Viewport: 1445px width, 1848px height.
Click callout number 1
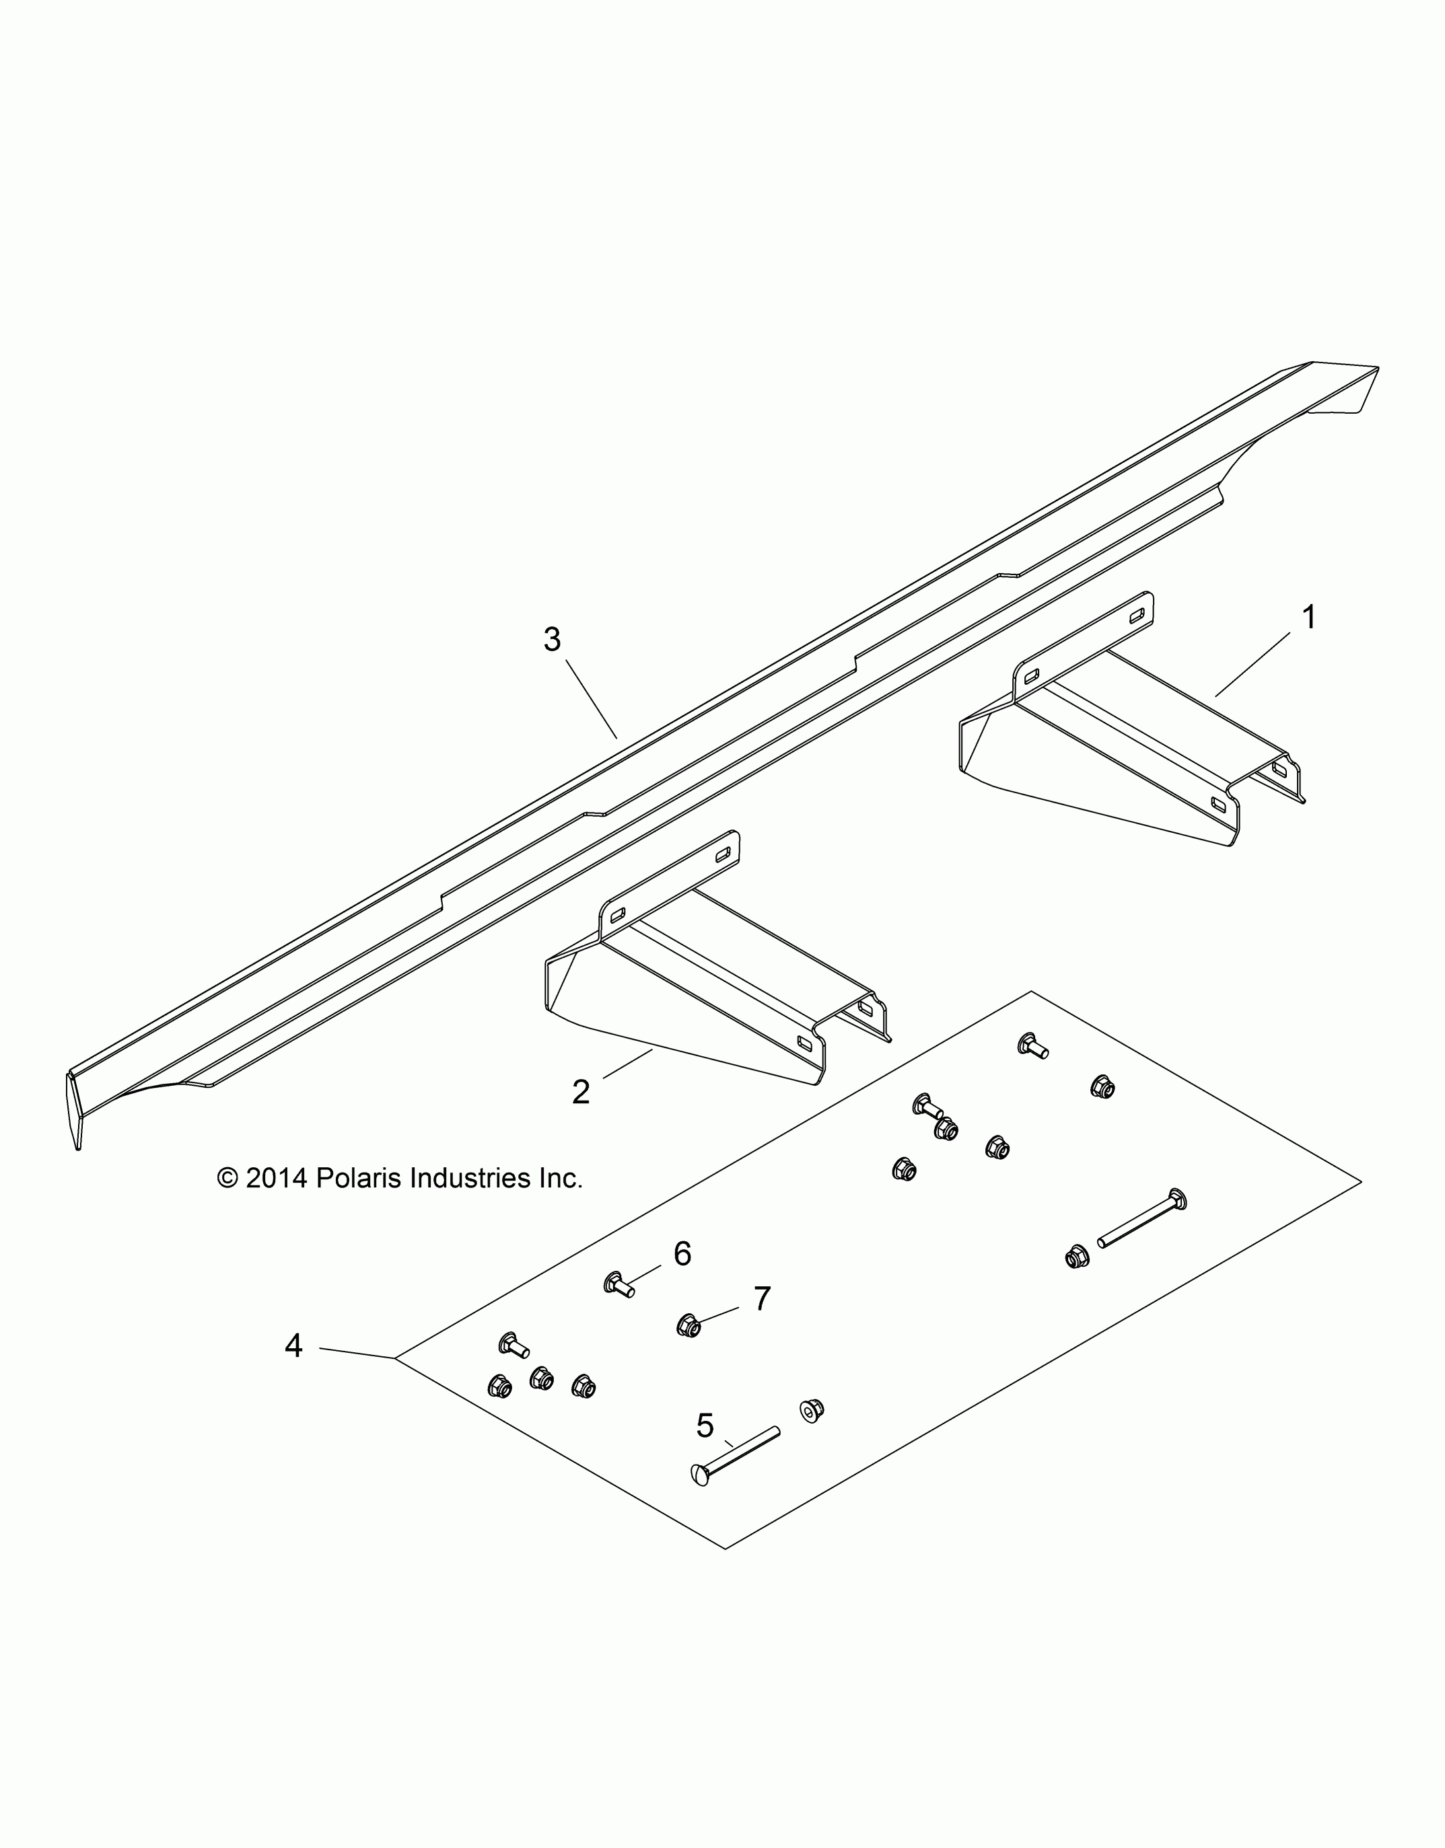click(1309, 617)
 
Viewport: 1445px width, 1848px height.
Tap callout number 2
click(581, 1093)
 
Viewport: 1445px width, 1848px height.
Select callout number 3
click(552, 640)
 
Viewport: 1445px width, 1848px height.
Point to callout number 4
click(293, 1345)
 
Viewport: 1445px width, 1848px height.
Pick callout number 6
click(682, 1253)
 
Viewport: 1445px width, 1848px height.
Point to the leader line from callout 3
click(591, 700)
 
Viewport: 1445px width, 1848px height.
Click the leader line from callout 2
click(627, 1064)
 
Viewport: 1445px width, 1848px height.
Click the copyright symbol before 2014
click(227, 1178)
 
